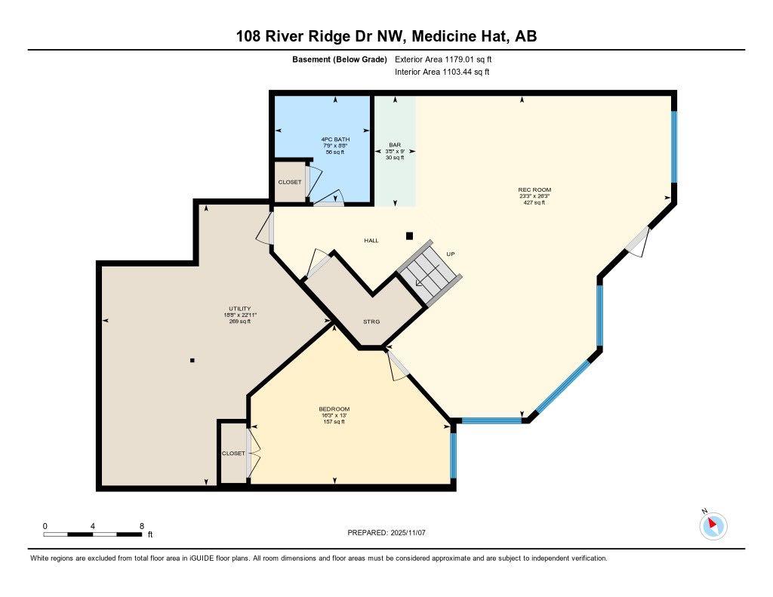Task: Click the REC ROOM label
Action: pyautogui.click(x=528, y=189)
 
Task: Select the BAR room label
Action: pyautogui.click(x=395, y=144)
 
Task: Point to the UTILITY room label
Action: pyautogui.click(x=239, y=309)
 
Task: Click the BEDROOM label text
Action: pyautogui.click(x=334, y=409)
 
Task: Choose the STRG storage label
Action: pyautogui.click(x=371, y=322)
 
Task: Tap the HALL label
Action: pyautogui.click(x=371, y=241)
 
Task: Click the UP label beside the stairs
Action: pyautogui.click(x=451, y=254)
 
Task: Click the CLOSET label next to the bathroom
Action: pyautogui.click(x=289, y=183)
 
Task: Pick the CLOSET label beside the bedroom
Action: pyautogui.click(x=233, y=454)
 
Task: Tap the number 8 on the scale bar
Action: pyautogui.click(x=142, y=525)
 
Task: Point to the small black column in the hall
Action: pyautogui.click(x=410, y=235)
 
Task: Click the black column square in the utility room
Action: pyautogui.click(x=192, y=361)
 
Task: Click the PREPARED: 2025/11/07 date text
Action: pyautogui.click(x=386, y=533)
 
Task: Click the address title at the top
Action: pyautogui.click(x=386, y=35)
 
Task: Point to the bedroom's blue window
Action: pyautogui.click(x=453, y=451)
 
